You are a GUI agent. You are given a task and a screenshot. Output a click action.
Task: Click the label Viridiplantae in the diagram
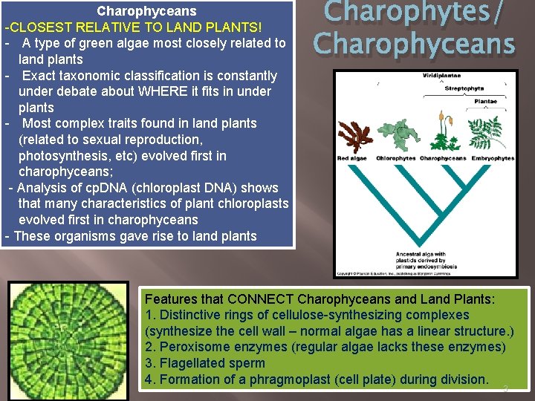tap(443, 76)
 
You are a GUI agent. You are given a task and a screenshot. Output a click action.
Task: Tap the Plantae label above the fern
tap(486, 102)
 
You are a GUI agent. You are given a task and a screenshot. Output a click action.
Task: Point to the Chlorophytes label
tap(395, 158)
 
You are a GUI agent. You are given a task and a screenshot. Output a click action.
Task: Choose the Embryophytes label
tap(492, 158)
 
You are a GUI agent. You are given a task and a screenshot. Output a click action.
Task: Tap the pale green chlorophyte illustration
tap(394, 134)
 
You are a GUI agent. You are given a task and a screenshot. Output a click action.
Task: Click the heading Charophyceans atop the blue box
tap(146, 11)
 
